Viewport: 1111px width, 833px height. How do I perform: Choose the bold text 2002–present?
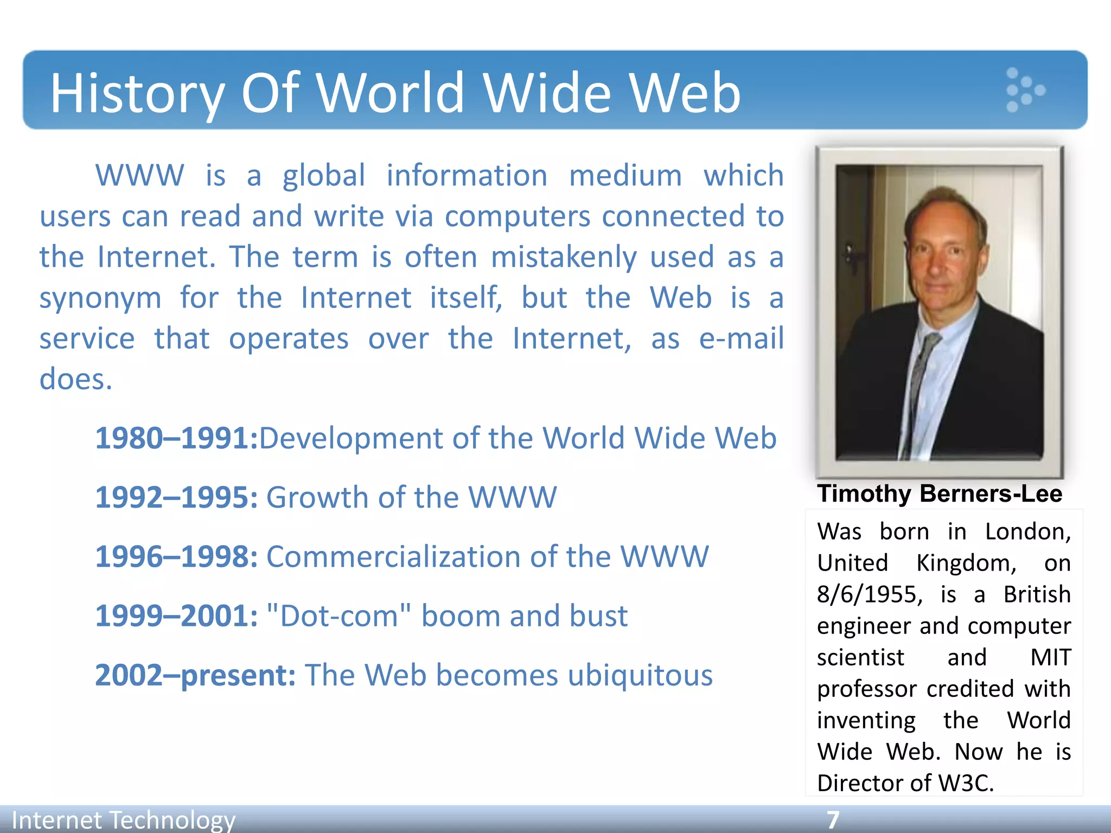point(195,676)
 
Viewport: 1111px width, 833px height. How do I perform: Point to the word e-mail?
point(741,339)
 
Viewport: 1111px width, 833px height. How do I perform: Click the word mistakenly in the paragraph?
point(564,258)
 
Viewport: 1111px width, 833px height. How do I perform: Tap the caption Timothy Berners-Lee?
point(940,494)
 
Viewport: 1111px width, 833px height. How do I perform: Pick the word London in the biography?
point(1027,532)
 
